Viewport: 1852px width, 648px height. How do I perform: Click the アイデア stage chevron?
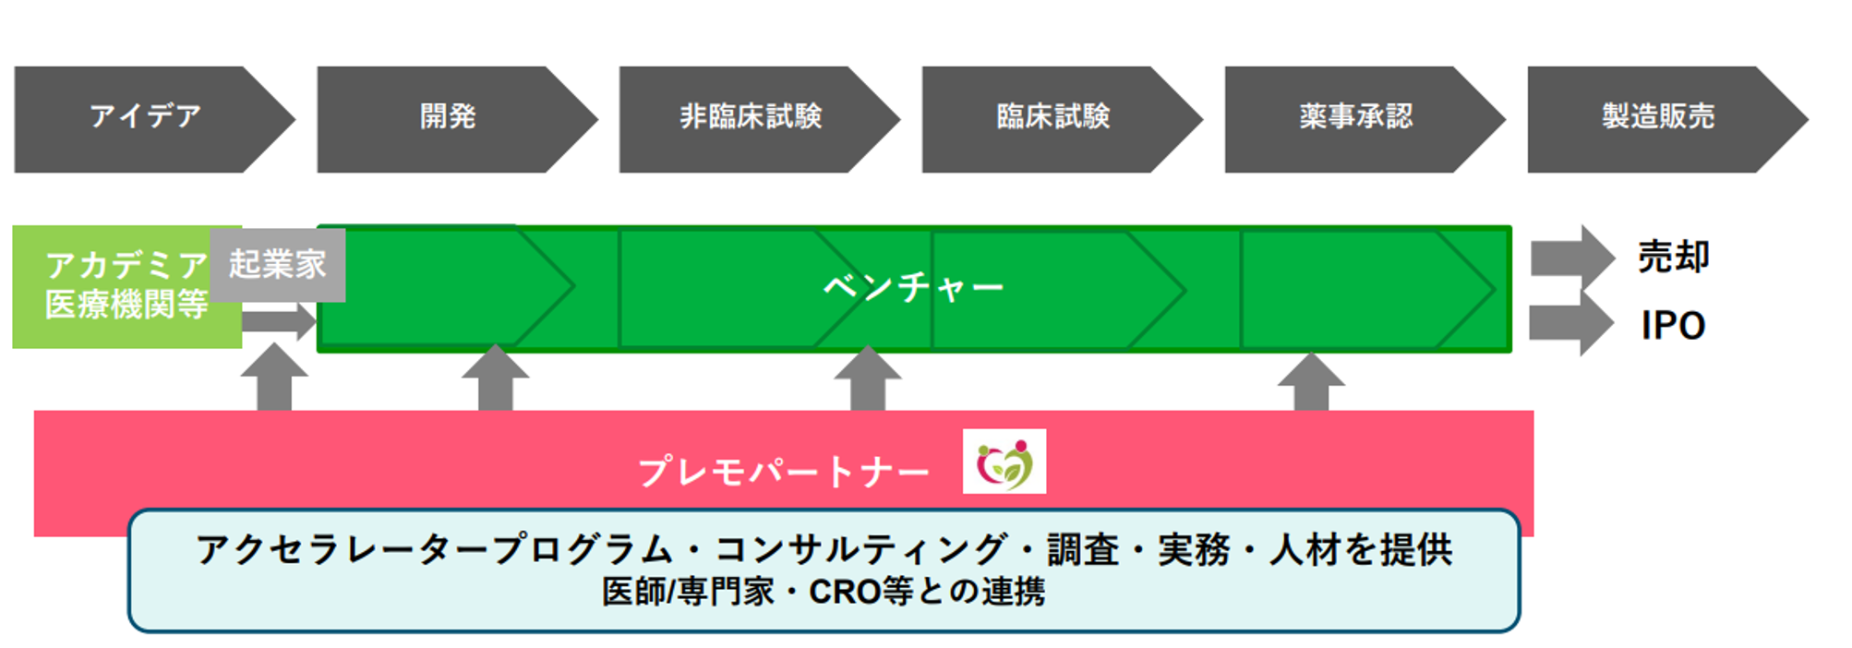click(x=148, y=119)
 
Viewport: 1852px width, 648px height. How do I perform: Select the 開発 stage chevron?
click(x=452, y=119)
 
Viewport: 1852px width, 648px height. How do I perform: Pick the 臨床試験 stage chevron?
click(x=1058, y=119)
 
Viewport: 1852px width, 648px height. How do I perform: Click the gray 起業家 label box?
click(x=278, y=265)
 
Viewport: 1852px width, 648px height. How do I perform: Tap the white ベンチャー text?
click(x=913, y=287)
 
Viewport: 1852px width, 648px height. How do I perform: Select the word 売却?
click(x=1674, y=257)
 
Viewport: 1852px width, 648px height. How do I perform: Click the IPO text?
click(x=1673, y=325)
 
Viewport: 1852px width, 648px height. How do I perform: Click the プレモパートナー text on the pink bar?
click(x=784, y=472)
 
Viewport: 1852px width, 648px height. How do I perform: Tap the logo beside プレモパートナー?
click(x=1004, y=462)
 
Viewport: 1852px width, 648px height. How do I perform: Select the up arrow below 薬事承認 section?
click(x=1311, y=382)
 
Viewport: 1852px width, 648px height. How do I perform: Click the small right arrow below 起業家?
click(x=280, y=321)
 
